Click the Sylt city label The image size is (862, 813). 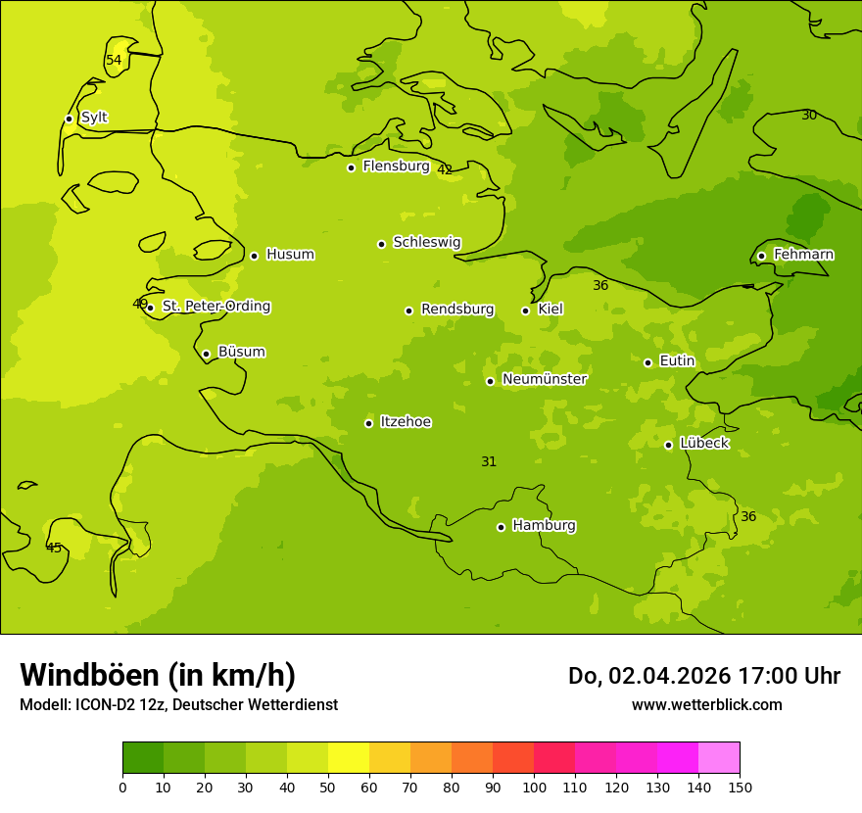point(94,118)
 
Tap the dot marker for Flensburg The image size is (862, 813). point(351,167)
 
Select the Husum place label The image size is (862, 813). point(290,255)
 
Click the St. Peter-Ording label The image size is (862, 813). point(216,307)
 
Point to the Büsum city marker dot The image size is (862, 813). point(206,354)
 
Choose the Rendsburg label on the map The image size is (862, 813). point(457,310)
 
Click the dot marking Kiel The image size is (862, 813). point(525,311)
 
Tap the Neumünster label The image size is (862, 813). point(545,379)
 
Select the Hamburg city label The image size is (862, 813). point(544,526)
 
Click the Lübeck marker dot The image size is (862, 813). point(668,445)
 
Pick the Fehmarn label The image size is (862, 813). point(803,255)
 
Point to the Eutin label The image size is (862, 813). point(677,361)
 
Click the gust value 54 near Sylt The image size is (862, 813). point(114,61)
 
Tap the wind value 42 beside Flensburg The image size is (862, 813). point(445,170)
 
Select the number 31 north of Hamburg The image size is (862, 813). point(489,462)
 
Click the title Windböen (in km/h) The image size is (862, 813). point(158,675)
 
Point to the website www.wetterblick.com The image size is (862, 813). point(706,705)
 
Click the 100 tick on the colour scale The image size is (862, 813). point(534,788)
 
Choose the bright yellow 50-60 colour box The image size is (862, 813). point(349,758)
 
